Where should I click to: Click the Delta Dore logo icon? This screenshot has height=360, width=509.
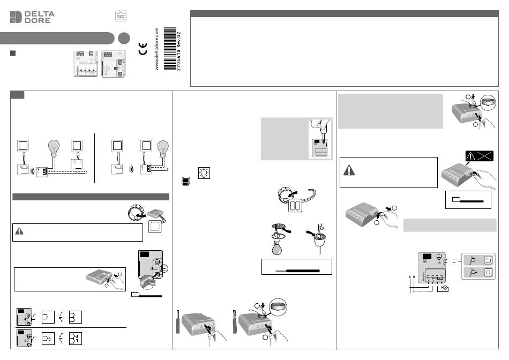(x=17, y=17)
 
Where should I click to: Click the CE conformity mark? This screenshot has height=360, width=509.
(x=143, y=52)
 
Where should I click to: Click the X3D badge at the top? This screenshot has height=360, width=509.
(x=121, y=17)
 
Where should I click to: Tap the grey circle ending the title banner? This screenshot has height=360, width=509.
(x=124, y=38)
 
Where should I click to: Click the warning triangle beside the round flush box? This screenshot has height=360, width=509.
(x=19, y=231)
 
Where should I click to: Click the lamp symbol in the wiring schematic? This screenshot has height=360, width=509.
(x=444, y=288)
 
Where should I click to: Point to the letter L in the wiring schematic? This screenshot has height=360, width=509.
(x=410, y=276)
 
